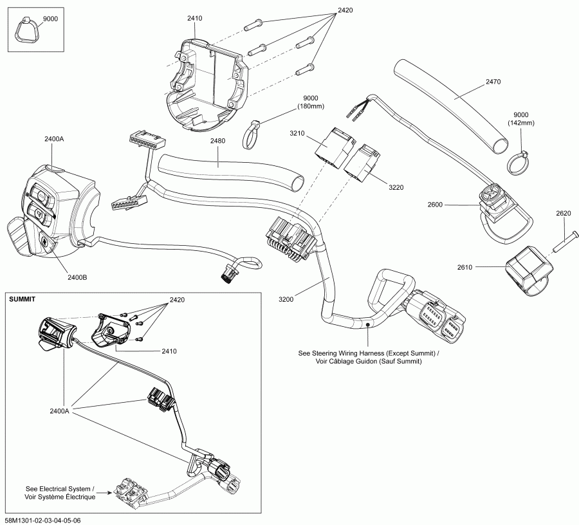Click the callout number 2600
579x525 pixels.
point(436,205)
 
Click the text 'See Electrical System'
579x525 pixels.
point(59,488)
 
